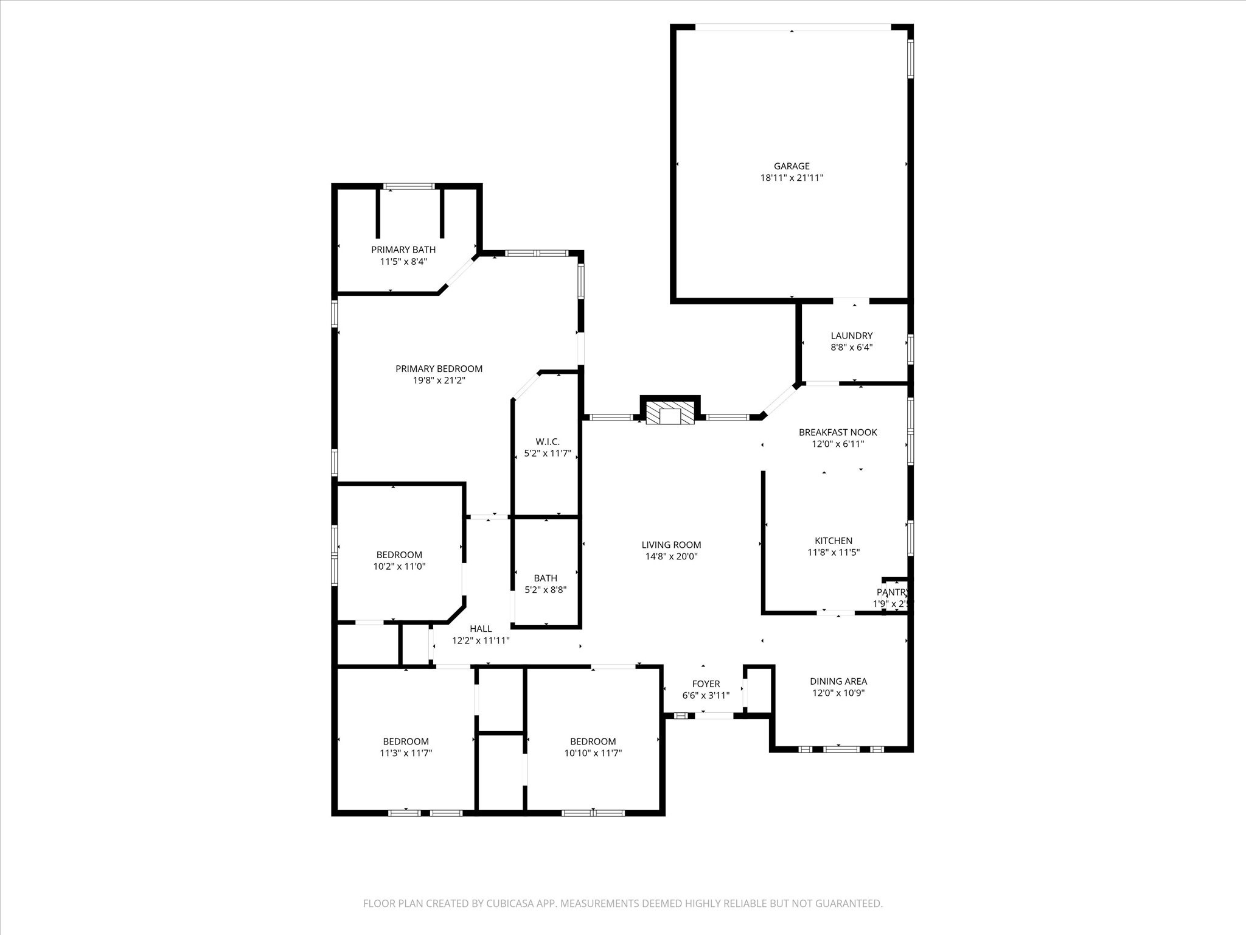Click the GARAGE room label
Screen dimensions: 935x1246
tap(792, 166)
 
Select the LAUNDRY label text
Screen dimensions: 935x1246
tap(851, 336)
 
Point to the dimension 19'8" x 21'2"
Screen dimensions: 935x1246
tap(439, 380)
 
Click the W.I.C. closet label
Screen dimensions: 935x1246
tap(547, 442)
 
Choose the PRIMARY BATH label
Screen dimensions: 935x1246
tap(403, 250)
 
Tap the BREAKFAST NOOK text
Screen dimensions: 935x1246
tap(838, 432)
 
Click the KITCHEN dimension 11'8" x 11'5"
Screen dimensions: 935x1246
tap(833, 553)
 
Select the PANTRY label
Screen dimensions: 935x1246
tap(892, 592)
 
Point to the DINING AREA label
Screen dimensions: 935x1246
tap(838, 681)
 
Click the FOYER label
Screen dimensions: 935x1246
tap(706, 684)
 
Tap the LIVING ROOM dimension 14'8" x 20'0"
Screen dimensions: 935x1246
tap(671, 556)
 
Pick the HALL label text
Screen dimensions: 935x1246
tap(480, 629)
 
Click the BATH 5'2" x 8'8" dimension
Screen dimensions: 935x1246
tap(546, 590)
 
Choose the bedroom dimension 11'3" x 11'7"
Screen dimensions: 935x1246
tap(406, 753)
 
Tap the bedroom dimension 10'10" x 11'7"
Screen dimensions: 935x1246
tap(593, 753)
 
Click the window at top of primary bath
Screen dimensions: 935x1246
tap(409, 186)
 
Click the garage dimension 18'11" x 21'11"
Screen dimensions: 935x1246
tap(792, 178)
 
